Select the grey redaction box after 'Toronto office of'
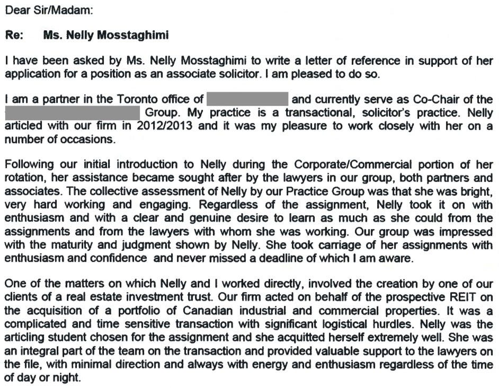coord(247,99)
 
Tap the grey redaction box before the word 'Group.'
coord(73,113)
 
